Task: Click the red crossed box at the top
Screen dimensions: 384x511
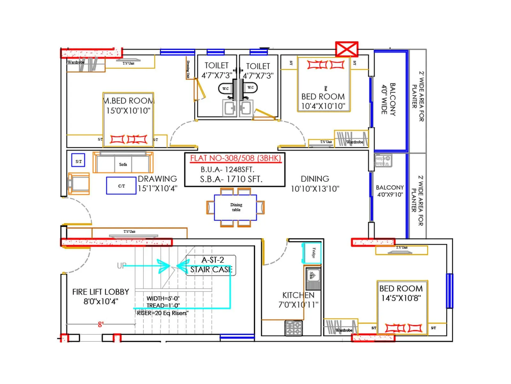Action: tap(347, 49)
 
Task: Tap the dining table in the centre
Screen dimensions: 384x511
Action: tap(235, 207)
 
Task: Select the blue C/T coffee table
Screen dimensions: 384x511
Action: tap(121, 186)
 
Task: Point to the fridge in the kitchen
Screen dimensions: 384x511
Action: tap(312, 253)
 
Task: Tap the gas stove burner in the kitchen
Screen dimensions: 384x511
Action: tap(294, 328)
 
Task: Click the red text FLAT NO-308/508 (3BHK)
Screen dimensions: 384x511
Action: tap(235, 158)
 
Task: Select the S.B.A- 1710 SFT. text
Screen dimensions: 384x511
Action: tap(231, 180)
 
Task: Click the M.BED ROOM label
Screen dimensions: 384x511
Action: tap(129, 101)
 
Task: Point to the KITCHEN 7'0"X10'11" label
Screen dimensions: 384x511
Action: tap(298, 300)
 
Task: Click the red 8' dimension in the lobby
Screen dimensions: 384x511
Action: tap(101, 324)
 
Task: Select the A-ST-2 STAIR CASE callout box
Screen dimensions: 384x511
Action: tap(211, 265)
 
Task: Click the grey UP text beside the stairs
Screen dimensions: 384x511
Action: tap(121, 266)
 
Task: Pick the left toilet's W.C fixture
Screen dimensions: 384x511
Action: tap(225, 89)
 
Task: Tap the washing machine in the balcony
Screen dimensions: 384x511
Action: tap(383, 160)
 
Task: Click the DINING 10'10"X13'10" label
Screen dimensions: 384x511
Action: tap(315, 184)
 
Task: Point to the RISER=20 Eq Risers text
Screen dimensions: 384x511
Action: tap(163, 313)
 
